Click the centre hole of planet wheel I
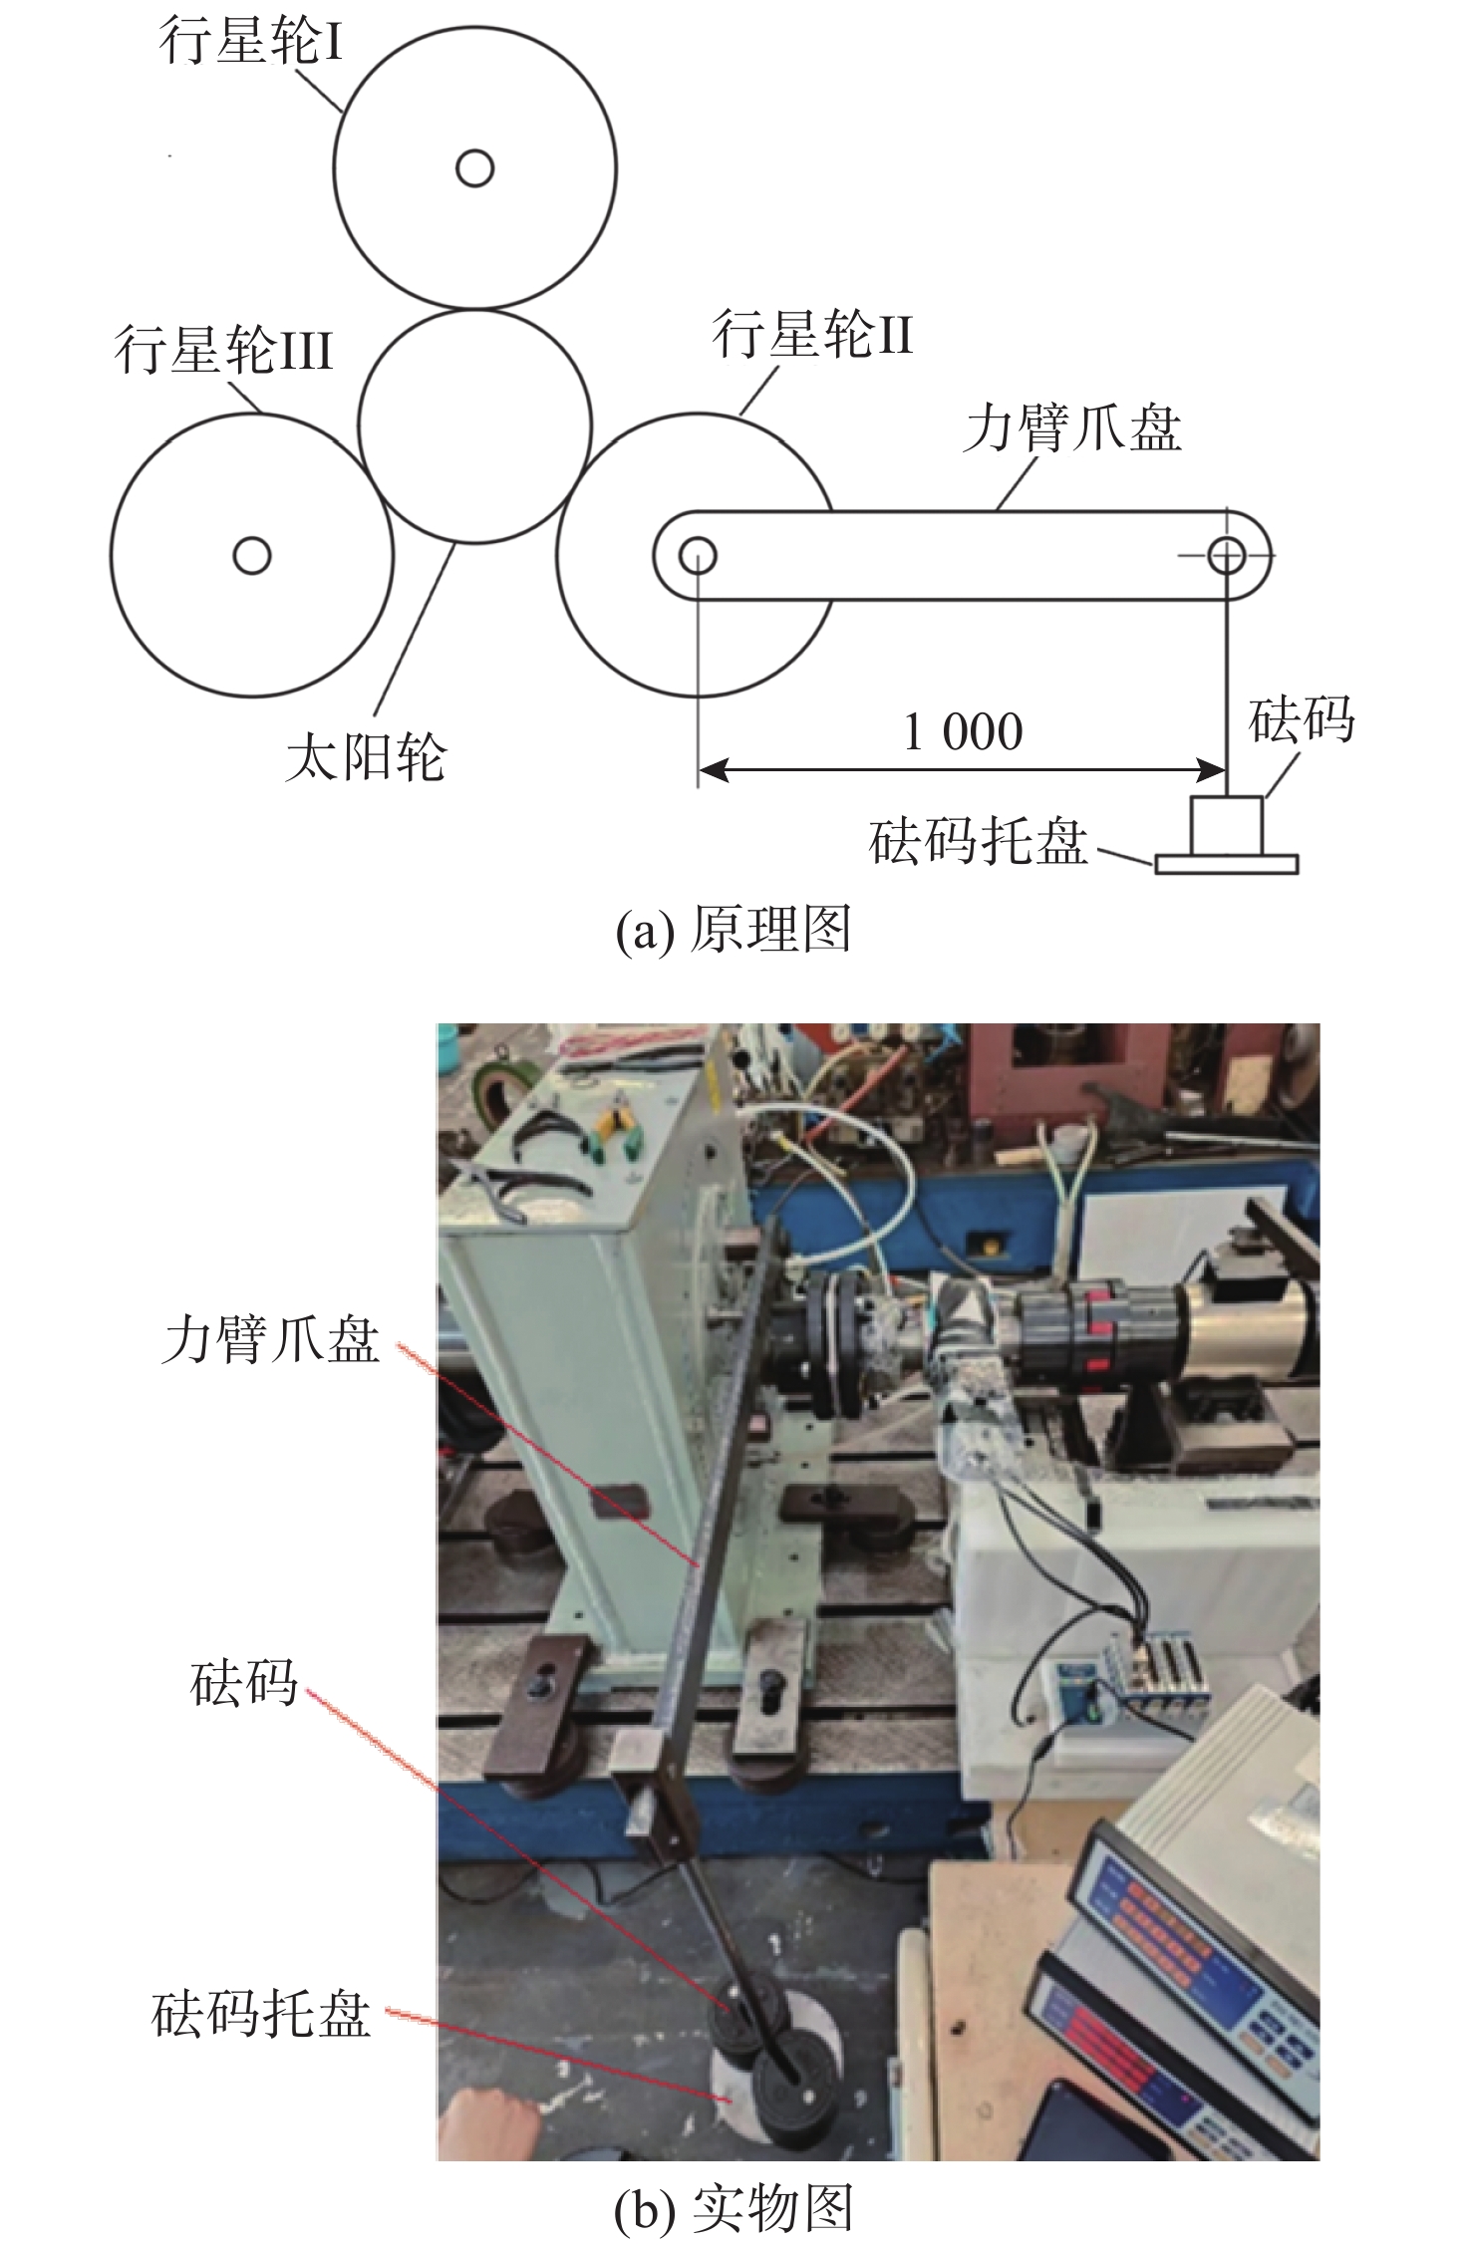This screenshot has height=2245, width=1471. click(474, 168)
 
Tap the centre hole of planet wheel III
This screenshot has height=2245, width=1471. click(252, 554)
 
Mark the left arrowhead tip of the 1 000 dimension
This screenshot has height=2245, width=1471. click(700, 769)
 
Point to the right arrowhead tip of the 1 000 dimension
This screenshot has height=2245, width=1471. click(1225, 769)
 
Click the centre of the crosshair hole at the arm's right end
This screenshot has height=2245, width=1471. click(1226, 555)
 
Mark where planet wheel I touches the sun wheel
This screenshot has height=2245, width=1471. click(475, 309)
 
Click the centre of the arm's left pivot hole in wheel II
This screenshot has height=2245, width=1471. click(698, 555)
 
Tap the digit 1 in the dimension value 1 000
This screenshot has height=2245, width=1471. click(912, 732)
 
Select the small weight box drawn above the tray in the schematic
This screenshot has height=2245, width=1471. click(1227, 825)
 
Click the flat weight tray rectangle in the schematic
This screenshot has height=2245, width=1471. click(1227, 864)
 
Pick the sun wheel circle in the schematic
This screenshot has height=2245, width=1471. click(474, 426)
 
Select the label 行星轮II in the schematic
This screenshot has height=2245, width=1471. click(813, 335)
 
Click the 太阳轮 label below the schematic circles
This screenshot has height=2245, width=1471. click(366, 758)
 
